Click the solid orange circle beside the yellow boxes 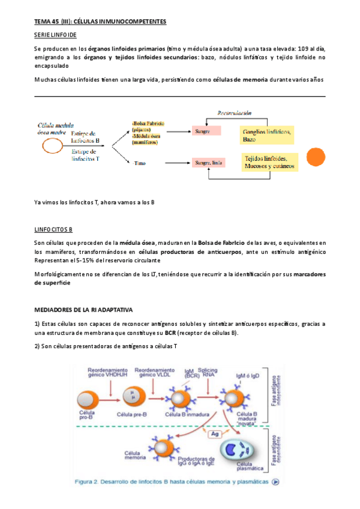click(x=316, y=158)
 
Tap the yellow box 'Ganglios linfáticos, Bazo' click(x=266, y=135)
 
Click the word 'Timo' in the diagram click(x=140, y=163)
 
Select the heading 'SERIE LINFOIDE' click(x=55, y=36)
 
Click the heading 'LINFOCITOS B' click(x=53, y=229)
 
